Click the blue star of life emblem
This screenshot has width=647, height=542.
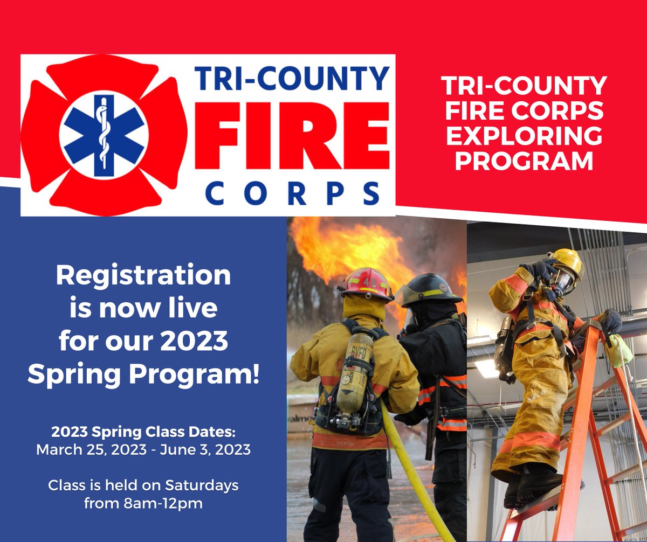pyautogui.click(x=104, y=135)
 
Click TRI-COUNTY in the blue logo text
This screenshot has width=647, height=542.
pyautogui.click(x=292, y=78)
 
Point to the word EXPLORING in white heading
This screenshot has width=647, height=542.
pyautogui.click(x=523, y=136)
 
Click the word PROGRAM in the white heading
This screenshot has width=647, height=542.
pyautogui.click(x=523, y=161)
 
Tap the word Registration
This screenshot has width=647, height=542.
pyautogui.click(x=143, y=276)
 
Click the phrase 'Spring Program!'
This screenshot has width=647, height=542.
pyautogui.click(x=143, y=374)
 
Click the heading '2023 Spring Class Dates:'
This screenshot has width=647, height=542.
pyautogui.click(x=143, y=432)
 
